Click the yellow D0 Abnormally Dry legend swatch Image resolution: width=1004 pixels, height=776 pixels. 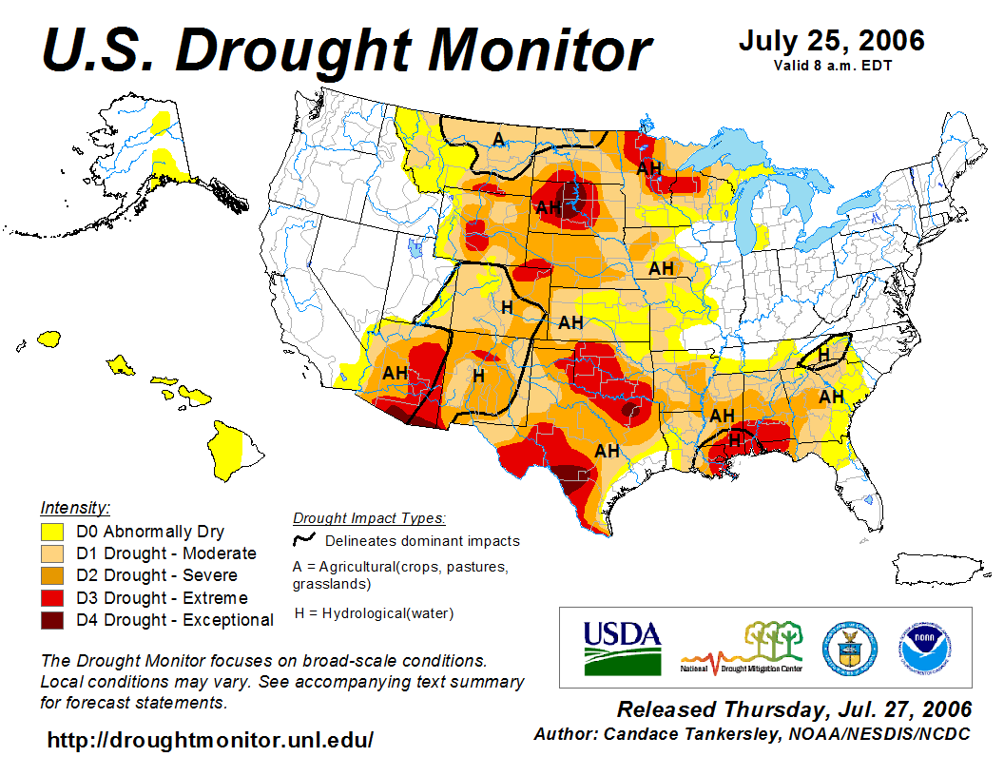[x=53, y=532]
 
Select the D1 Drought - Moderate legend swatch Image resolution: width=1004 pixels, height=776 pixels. [x=53, y=553]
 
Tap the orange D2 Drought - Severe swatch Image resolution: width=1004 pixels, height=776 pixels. [x=53, y=575]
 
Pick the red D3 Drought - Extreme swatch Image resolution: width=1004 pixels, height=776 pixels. [x=53, y=598]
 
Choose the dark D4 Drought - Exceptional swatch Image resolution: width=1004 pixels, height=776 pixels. [x=53, y=620]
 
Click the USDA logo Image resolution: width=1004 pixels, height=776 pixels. [x=622, y=648]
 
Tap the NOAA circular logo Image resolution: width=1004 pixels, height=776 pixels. [x=920, y=647]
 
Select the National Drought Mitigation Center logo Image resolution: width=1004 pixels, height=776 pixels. [x=742, y=648]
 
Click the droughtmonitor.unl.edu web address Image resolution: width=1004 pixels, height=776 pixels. [x=210, y=739]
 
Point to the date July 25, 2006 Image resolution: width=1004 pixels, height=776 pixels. [x=831, y=41]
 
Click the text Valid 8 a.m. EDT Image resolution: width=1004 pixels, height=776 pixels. [x=832, y=66]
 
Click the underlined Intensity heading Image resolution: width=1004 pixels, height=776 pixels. [x=75, y=508]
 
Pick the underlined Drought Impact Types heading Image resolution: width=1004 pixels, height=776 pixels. [x=369, y=518]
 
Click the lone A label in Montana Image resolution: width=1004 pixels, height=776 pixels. [x=497, y=140]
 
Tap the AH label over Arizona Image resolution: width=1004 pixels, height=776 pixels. [x=395, y=373]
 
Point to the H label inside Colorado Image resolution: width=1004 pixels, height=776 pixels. [x=507, y=307]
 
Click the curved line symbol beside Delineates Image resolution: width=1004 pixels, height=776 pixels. [x=304, y=540]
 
